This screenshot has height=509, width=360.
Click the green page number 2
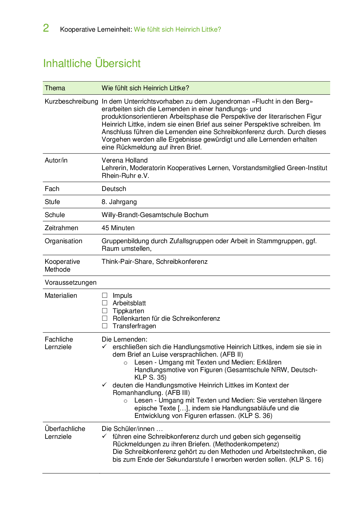click(x=46, y=28)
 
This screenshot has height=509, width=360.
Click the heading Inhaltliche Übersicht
click(x=92, y=63)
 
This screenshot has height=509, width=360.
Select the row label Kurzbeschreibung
click(x=71, y=101)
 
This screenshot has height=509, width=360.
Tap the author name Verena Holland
click(x=125, y=160)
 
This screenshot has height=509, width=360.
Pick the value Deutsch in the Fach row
click(x=114, y=189)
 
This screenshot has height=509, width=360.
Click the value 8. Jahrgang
click(x=119, y=202)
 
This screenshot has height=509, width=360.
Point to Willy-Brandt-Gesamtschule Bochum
click(x=155, y=215)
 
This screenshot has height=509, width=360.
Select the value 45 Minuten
click(x=118, y=228)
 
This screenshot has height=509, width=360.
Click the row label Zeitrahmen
click(x=61, y=228)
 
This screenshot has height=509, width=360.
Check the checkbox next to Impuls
click(x=105, y=295)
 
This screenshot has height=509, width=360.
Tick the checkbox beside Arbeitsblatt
click(x=105, y=303)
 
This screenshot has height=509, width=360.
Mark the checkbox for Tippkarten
click(x=105, y=311)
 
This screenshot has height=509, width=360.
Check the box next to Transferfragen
click(x=105, y=326)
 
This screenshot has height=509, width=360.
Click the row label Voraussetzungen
click(x=71, y=282)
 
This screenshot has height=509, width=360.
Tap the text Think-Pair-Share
click(x=127, y=261)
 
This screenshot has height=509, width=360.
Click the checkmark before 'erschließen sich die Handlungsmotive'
click(x=105, y=346)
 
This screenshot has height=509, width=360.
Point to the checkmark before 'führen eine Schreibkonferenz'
click(x=105, y=436)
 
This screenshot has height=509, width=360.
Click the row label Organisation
click(x=63, y=241)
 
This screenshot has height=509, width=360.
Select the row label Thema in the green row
click(x=55, y=88)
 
